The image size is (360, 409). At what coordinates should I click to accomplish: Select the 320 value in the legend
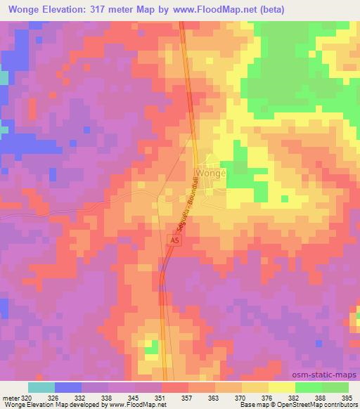[x=26, y=397]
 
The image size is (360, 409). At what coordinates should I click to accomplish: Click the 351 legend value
[x=160, y=397]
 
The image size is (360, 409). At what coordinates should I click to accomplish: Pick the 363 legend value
[x=213, y=397]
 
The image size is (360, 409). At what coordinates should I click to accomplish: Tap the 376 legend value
[x=267, y=397]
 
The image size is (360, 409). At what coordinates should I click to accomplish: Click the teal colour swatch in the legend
[x=41, y=387]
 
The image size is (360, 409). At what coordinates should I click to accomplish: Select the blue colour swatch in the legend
[x=68, y=387]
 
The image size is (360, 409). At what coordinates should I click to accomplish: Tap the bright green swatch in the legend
[x=308, y=387]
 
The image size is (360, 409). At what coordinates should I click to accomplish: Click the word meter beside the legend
[x=10, y=397]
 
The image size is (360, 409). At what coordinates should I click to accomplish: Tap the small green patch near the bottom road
[x=151, y=346]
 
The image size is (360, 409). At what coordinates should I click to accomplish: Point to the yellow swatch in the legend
[x=281, y=387]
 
